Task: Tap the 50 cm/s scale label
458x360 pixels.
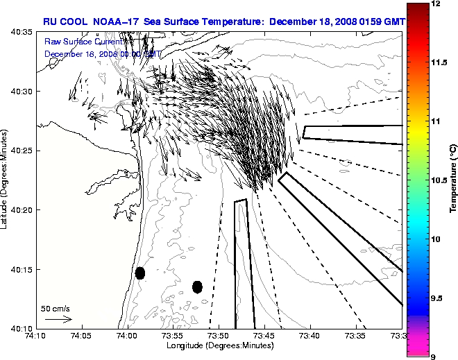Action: click(x=56, y=309)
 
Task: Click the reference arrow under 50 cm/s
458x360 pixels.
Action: click(x=58, y=319)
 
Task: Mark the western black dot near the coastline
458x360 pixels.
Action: click(x=140, y=273)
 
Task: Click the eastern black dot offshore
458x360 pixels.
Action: click(x=197, y=286)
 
